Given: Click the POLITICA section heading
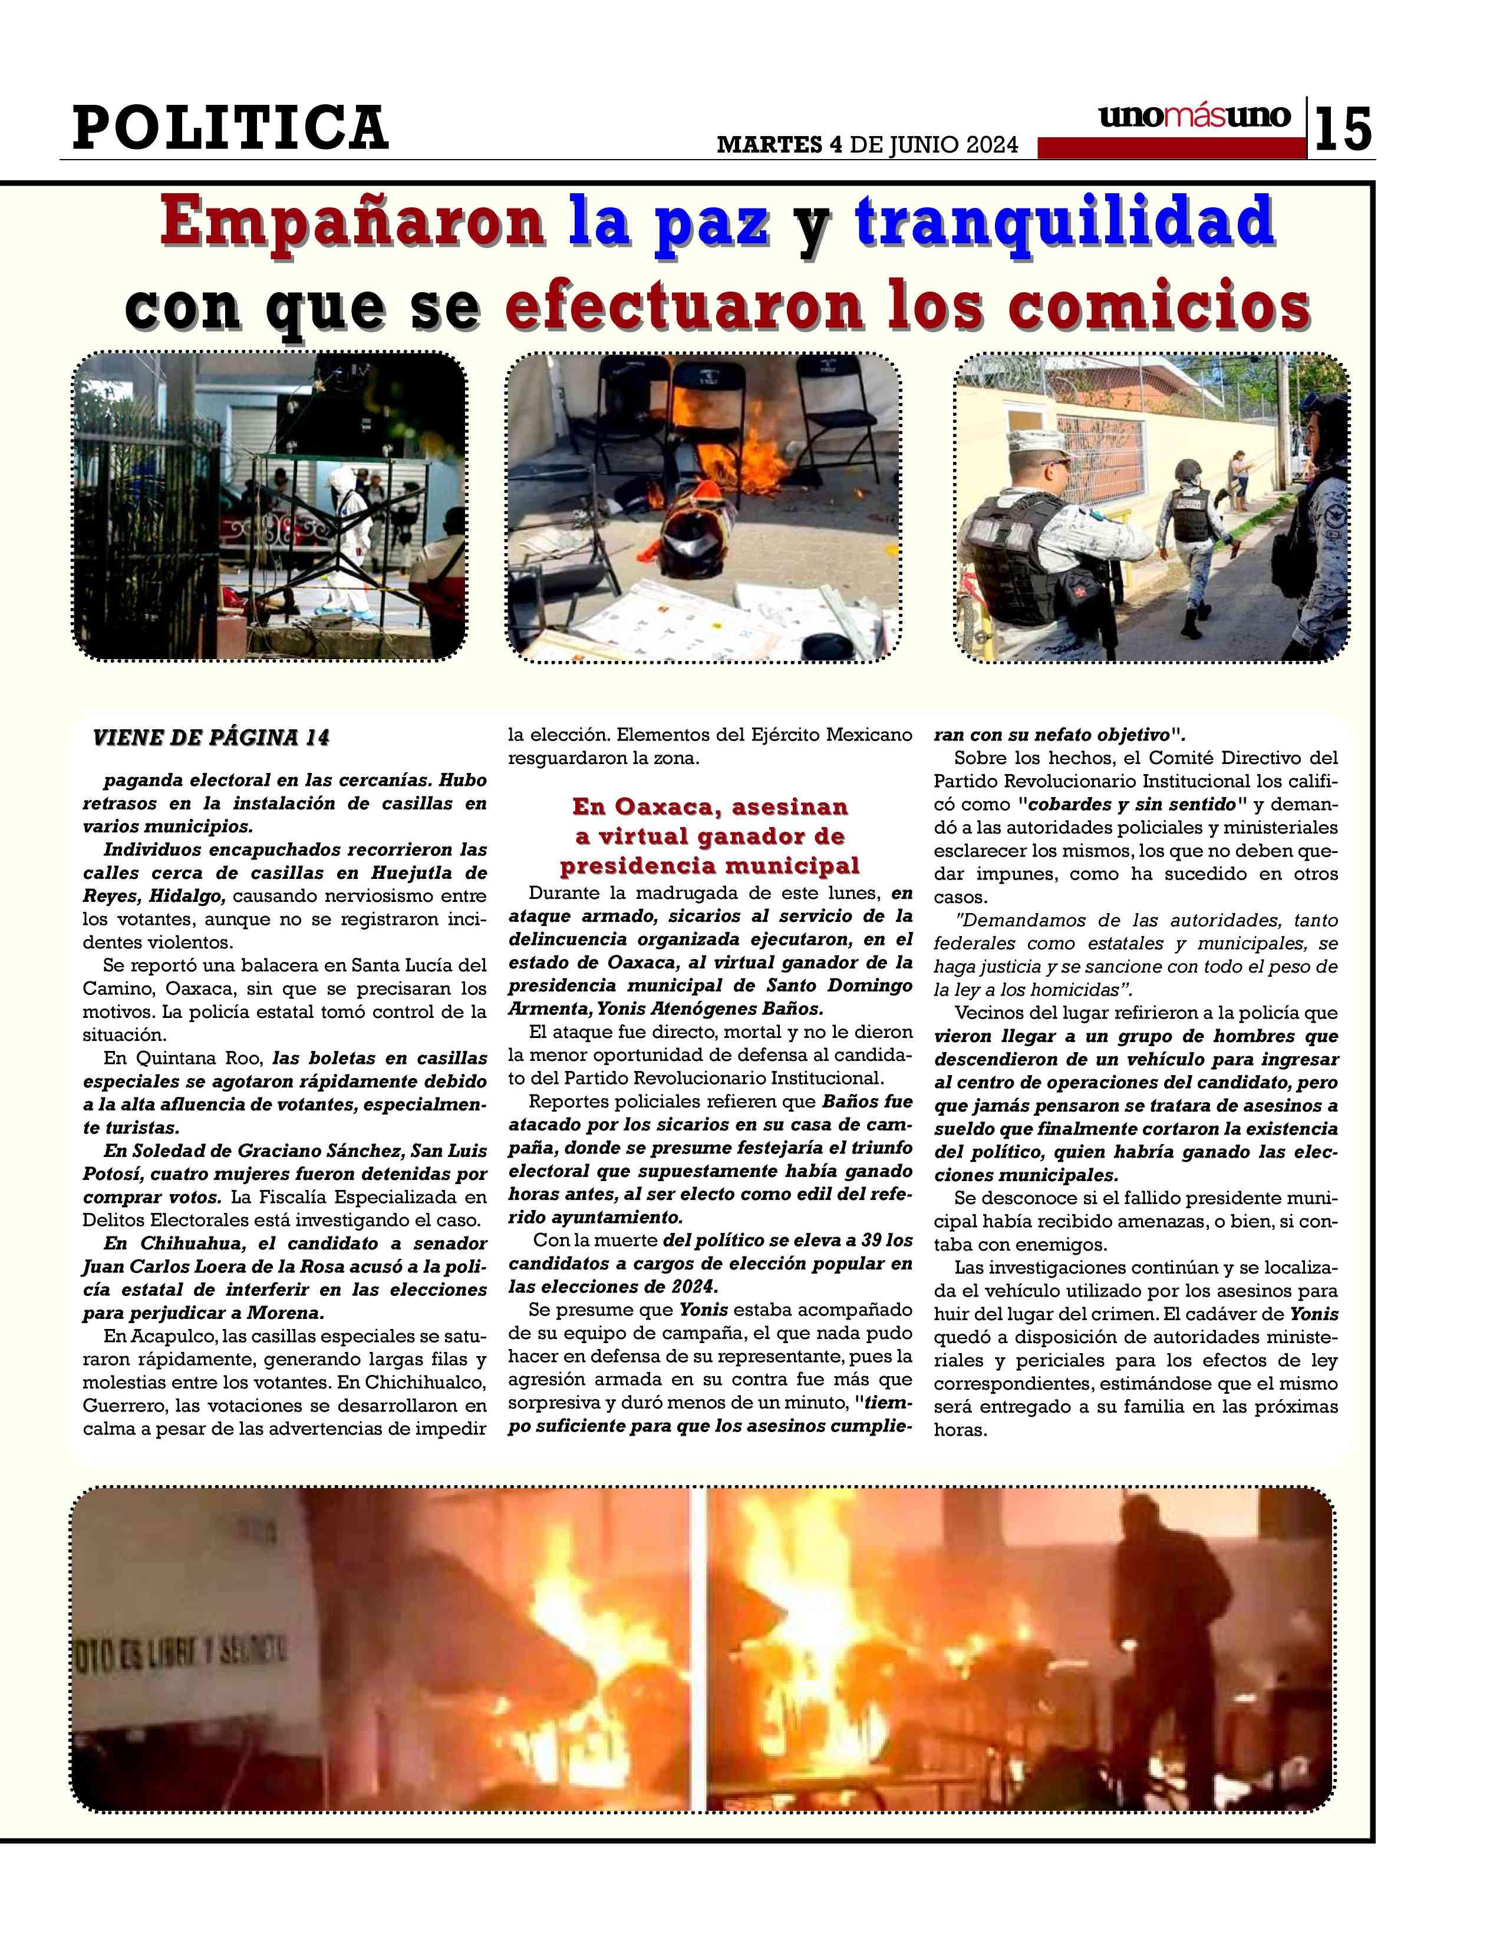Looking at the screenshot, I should click(x=230, y=127).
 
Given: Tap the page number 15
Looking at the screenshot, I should click(x=1343, y=130).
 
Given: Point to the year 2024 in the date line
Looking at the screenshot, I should click(x=988, y=145).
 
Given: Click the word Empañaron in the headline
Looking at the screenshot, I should click(x=352, y=223).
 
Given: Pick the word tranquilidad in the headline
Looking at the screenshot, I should click(x=1064, y=223).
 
